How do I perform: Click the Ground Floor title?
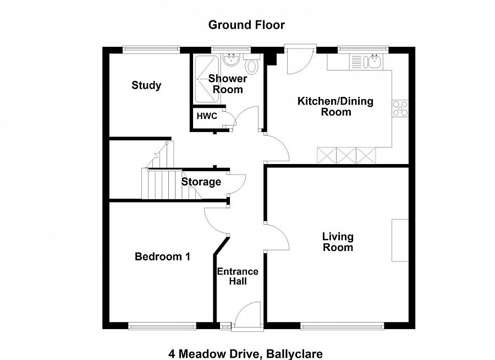click(246, 25)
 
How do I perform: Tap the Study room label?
click(146, 85)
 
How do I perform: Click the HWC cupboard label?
click(207, 117)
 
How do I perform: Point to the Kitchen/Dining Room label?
click(335, 106)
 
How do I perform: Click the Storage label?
click(201, 182)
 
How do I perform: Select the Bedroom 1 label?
click(163, 257)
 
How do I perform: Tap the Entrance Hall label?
click(238, 276)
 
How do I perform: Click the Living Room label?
click(338, 242)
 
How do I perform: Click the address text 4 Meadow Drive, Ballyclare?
click(245, 353)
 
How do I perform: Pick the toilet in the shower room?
click(252, 66)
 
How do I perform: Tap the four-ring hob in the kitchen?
click(400, 108)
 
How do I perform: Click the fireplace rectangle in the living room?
click(400, 241)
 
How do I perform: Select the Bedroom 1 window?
click(162, 326)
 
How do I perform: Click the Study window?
click(151, 50)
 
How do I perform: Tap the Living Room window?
click(342, 326)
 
